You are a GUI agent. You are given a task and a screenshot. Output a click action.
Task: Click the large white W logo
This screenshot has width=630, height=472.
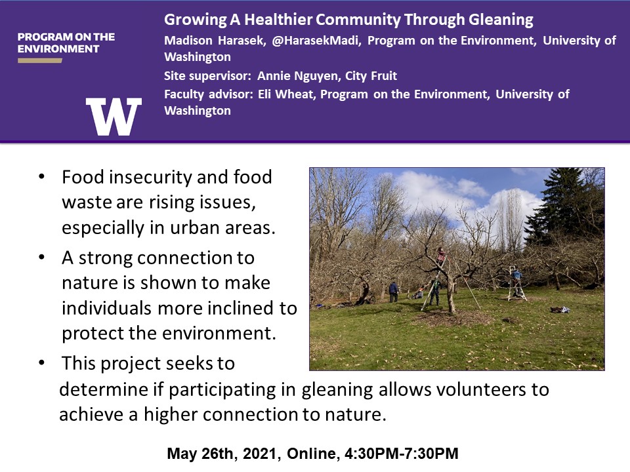click(114, 117)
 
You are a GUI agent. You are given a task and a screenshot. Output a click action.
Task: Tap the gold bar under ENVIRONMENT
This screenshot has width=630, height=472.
click(40, 60)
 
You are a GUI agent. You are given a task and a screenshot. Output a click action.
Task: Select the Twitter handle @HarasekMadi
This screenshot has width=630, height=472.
click(316, 41)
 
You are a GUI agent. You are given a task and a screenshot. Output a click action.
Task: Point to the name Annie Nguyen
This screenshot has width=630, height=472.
click(298, 76)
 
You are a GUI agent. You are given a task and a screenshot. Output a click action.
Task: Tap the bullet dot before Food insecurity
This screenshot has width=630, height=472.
click(41, 176)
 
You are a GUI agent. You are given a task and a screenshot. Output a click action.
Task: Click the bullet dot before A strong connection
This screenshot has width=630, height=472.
click(41, 257)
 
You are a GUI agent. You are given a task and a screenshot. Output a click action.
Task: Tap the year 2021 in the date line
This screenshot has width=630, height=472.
click(262, 454)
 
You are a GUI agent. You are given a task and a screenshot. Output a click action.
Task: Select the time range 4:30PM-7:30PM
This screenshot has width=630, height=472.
click(402, 454)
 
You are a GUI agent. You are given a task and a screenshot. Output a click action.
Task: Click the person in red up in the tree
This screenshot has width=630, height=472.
click(441, 256)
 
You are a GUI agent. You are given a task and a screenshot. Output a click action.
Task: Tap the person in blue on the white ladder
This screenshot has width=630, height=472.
click(516, 277)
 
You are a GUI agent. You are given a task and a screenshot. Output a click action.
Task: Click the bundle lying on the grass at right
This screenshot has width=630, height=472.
click(560, 309)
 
